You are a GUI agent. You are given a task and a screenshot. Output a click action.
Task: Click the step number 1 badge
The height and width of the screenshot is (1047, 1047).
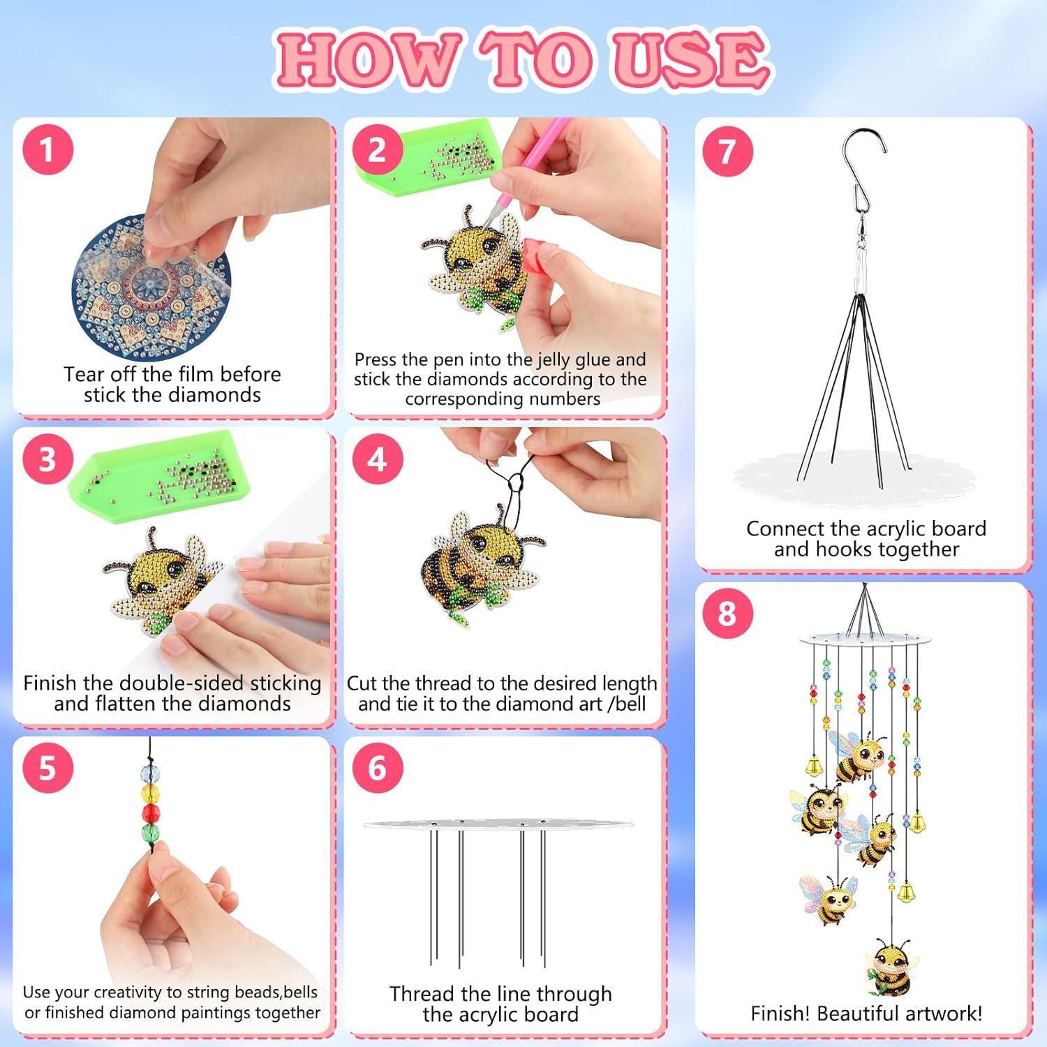tap(47, 149)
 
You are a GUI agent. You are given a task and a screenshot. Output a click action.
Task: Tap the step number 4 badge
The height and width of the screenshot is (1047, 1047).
tap(377, 459)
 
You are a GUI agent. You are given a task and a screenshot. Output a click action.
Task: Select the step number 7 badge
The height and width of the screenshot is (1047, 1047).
tap(727, 151)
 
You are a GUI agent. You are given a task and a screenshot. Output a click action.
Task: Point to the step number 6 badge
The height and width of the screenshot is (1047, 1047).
tap(377, 768)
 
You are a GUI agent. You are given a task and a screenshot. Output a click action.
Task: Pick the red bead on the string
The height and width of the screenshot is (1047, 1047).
tap(151, 812)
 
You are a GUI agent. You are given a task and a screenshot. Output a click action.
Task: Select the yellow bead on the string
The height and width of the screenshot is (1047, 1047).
tap(150, 793)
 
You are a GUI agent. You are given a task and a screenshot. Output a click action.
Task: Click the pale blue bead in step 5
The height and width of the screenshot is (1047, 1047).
tap(149, 773)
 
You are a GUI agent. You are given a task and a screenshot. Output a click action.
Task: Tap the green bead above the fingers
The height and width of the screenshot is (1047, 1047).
tap(151, 832)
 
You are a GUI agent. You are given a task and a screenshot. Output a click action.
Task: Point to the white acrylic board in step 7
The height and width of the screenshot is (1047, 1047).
tap(854, 478)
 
